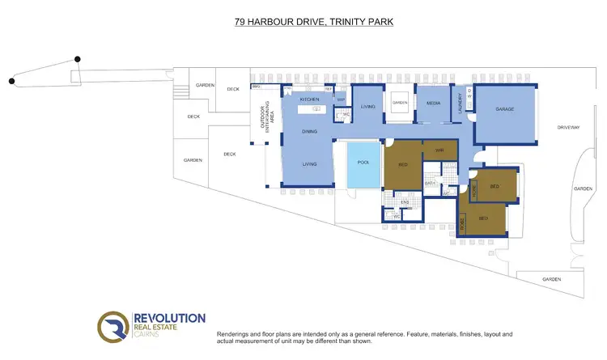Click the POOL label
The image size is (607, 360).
click(x=363, y=163)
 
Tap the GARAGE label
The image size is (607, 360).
click(x=505, y=109)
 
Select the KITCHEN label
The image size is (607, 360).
click(x=310, y=100)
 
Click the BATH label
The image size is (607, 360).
click(x=431, y=184)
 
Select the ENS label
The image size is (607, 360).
click(x=405, y=201)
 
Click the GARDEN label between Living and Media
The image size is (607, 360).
click(x=400, y=103)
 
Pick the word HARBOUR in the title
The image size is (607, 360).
click(x=273, y=22)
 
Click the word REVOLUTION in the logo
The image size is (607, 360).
click(x=169, y=319)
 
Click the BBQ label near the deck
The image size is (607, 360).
click(x=257, y=87)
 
